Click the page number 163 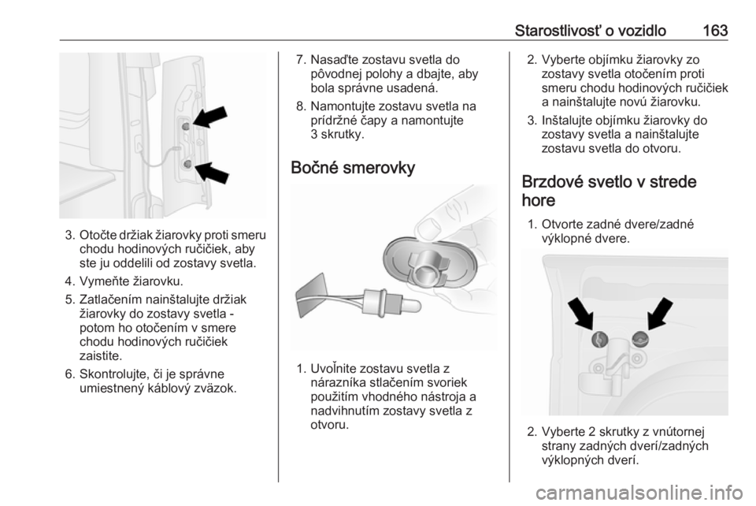pyautogui.click(x=715, y=31)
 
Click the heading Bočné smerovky pyautogui.click(x=353, y=168)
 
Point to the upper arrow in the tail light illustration pyautogui.click(x=210, y=116)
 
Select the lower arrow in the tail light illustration pyautogui.click(x=212, y=172)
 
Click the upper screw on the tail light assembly pyautogui.click(x=186, y=126)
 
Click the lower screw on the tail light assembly pyautogui.click(x=187, y=165)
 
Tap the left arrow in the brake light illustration pyautogui.click(x=581, y=314)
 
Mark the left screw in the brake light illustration pyautogui.click(x=599, y=340)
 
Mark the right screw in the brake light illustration pyautogui.click(x=640, y=340)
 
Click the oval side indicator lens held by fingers pyautogui.click(x=429, y=260)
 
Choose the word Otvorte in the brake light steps pyautogui.click(x=565, y=225)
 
